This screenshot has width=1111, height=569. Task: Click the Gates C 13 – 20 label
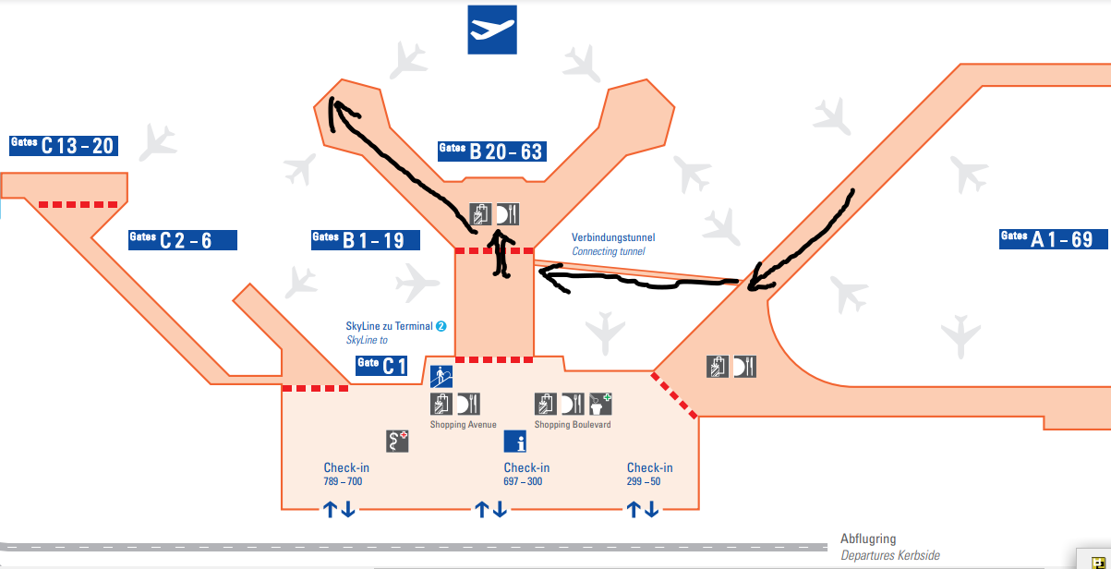click(x=63, y=145)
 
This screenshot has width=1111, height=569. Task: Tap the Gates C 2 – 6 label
click(x=182, y=240)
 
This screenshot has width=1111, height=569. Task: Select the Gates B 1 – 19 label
click(x=366, y=240)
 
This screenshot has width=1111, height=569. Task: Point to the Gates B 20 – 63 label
click(x=490, y=151)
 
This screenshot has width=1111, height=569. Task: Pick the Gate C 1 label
click(x=382, y=367)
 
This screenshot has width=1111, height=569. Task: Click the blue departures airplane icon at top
click(x=492, y=30)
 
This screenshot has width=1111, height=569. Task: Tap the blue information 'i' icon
click(x=514, y=442)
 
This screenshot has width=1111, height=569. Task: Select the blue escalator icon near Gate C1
click(x=441, y=376)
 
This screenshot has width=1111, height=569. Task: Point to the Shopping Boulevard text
click(x=573, y=425)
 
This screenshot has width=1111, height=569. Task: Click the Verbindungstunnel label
click(x=613, y=238)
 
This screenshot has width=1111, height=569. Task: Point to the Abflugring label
click(x=868, y=539)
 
